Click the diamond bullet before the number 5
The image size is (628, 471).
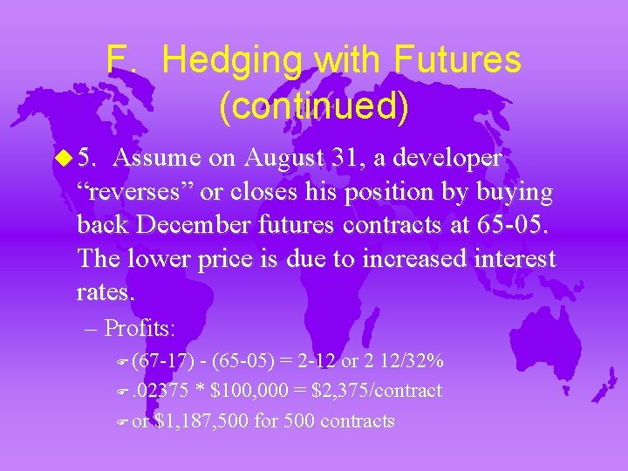click(x=69, y=158)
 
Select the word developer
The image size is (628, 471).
click(x=444, y=158)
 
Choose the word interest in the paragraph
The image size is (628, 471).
click(x=512, y=258)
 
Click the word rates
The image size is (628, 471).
click(x=106, y=291)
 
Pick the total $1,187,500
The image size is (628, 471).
click(x=201, y=421)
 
